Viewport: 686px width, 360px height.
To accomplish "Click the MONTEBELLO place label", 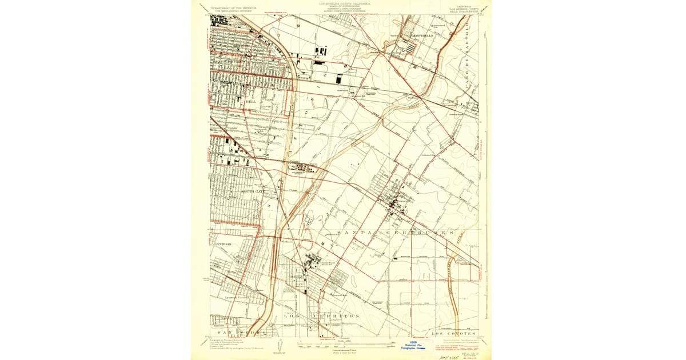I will pyautogui.click(x=422, y=35).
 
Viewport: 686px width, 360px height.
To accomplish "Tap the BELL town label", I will pyautogui.click(x=250, y=101).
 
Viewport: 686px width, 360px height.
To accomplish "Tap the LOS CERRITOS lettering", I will pyautogui.click(x=321, y=316).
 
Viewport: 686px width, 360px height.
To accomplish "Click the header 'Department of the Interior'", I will pyautogui.click(x=233, y=8).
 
